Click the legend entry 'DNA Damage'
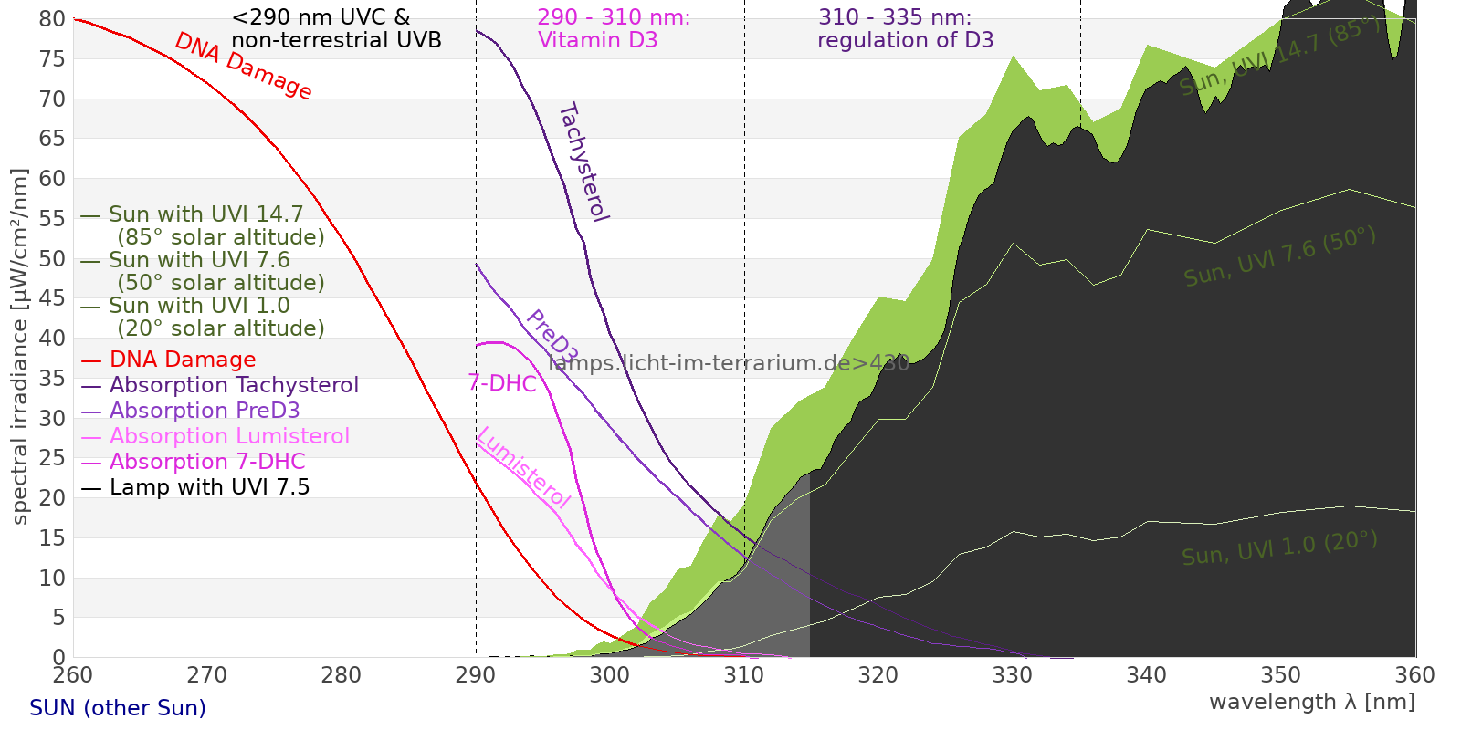click(183, 360)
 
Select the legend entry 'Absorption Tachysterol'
click(234, 385)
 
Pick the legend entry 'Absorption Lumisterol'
click(229, 436)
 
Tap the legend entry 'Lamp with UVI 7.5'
click(209, 487)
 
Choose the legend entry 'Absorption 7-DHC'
click(207, 462)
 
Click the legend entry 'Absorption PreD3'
click(205, 411)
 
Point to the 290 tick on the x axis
click(476, 675)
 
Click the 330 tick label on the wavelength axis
click(1012, 675)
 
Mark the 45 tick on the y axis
click(52, 298)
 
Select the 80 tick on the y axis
click(52, 19)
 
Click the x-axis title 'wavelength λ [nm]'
click(1311, 702)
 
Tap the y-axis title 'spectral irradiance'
click(20, 347)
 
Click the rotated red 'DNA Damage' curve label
click(243, 66)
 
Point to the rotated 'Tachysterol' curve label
click(583, 162)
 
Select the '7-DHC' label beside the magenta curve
click(502, 383)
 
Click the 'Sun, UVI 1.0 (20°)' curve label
click(1279, 548)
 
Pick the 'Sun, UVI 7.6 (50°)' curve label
click(1279, 257)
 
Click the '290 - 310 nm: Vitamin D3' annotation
click(613, 28)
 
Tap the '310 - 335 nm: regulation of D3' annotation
click(904, 28)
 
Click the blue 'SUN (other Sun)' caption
click(118, 708)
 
